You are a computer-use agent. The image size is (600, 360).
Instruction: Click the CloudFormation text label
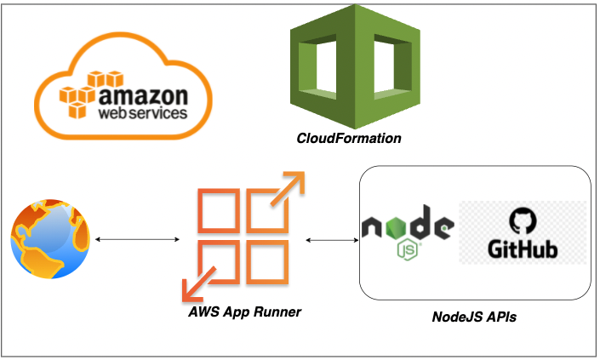[x=349, y=139]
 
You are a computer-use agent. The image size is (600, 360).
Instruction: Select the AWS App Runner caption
[x=245, y=312]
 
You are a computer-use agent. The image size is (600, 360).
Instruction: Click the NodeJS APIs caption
[x=475, y=317]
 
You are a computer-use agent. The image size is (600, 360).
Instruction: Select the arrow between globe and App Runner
[x=137, y=240]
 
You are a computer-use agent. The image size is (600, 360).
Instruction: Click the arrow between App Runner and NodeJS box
[x=332, y=241]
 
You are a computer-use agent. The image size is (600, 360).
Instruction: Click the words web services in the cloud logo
[x=141, y=111]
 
